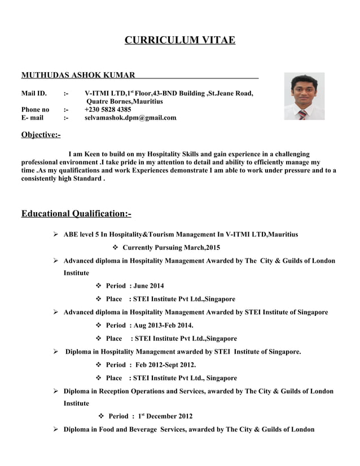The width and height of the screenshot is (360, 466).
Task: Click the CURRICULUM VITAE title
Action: coord(179,40)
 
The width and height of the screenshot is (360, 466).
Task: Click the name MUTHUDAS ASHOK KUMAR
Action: coord(78,75)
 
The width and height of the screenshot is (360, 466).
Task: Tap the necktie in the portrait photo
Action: coord(302,114)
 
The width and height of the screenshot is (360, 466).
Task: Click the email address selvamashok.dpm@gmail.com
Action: coord(130,118)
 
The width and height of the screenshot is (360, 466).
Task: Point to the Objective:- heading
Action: coord(41,135)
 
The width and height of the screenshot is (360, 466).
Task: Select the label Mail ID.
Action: coord(33,93)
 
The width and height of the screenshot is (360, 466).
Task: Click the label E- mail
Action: coord(32,118)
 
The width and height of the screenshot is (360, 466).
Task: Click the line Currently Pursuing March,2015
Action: coord(171,248)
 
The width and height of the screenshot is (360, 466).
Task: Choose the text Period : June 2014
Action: coord(135,286)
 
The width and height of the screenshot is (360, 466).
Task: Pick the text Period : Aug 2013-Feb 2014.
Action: coord(150,326)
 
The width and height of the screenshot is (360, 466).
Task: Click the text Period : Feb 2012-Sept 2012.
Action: coord(151,365)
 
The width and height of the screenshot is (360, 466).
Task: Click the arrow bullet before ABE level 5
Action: coord(55,234)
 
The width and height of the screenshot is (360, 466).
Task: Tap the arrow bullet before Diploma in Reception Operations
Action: coord(55,391)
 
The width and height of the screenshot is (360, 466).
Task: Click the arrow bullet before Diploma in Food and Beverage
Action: coord(55,429)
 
